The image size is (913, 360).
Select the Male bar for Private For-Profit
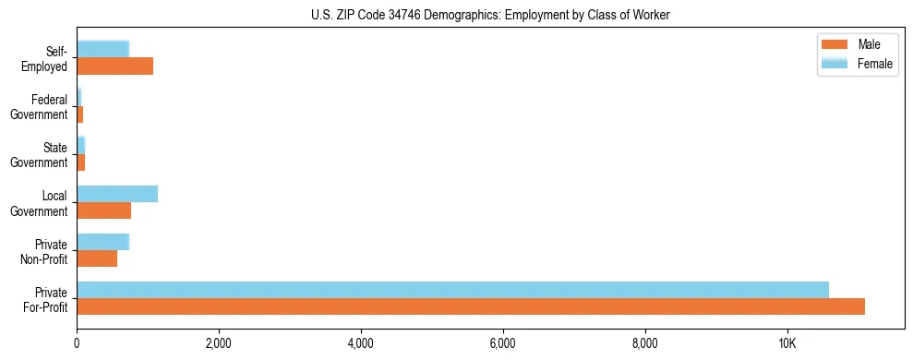(471, 306)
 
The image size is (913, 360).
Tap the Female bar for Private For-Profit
(452, 290)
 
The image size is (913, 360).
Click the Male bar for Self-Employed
(114, 66)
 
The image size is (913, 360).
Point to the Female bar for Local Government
(117, 194)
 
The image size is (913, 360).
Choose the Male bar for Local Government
(103, 210)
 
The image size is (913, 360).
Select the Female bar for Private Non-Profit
(102, 242)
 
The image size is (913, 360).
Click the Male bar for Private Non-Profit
(97, 258)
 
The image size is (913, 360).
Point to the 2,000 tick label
(219, 344)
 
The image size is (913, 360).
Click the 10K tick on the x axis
(787, 344)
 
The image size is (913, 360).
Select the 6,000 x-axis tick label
(503, 344)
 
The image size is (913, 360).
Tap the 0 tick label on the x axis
(77, 344)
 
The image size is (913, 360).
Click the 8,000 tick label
(645, 344)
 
